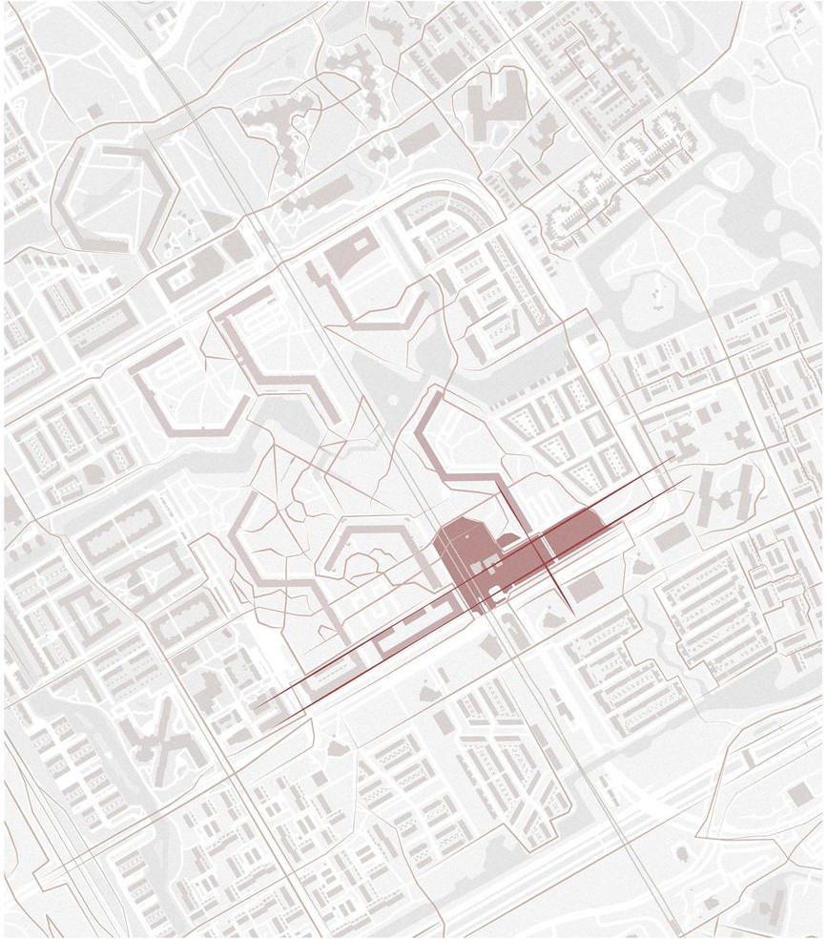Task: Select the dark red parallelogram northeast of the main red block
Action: click(x=572, y=530)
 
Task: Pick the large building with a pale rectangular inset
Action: click(x=347, y=253)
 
